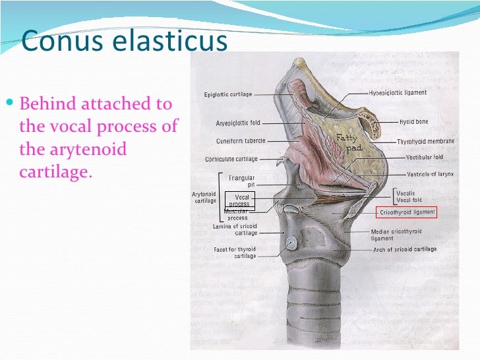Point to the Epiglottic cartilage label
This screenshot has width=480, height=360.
(x=227, y=95)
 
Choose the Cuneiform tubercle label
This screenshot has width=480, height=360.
(x=241, y=141)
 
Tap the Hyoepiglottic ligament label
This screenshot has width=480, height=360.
(x=398, y=93)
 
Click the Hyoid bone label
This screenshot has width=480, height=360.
(x=413, y=122)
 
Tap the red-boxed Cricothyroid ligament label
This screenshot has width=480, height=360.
(x=407, y=212)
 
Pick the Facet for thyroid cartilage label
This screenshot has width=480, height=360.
(x=235, y=253)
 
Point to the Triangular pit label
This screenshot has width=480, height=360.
(x=241, y=181)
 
